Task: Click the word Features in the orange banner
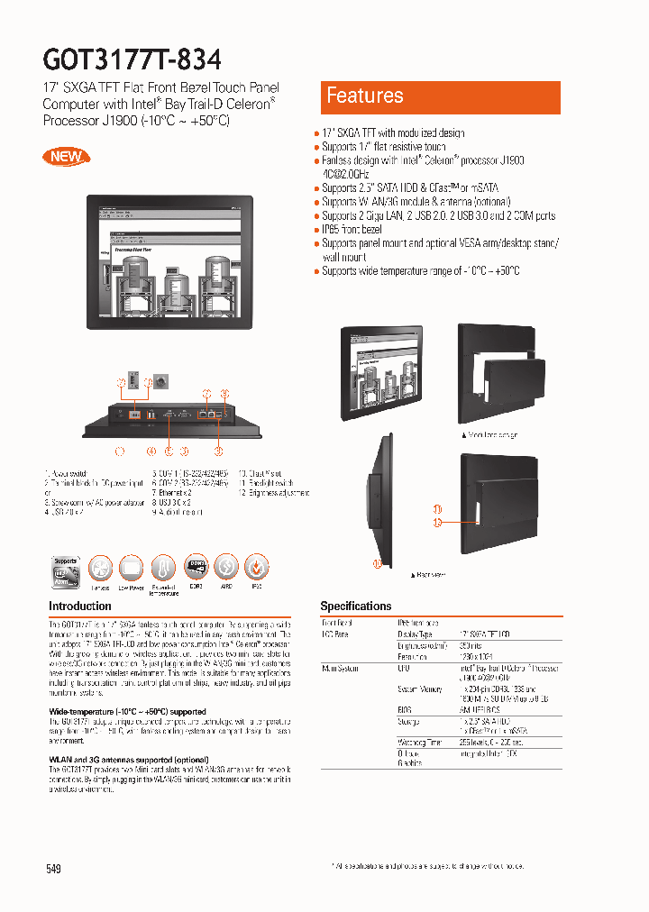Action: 365,96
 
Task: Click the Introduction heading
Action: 80,606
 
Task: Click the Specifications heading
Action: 356,606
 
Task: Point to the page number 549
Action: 53,869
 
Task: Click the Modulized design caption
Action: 492,434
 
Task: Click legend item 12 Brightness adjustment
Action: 274,493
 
